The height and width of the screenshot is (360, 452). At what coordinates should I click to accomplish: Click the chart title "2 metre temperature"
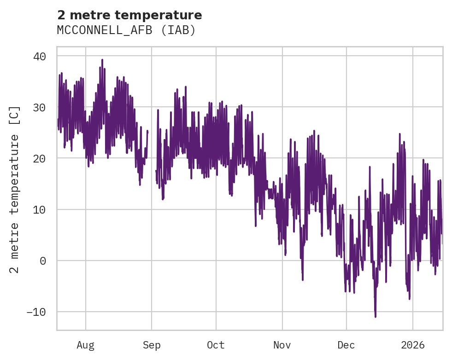pos(129,15)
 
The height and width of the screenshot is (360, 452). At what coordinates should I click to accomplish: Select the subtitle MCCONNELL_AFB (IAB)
pos(126,30)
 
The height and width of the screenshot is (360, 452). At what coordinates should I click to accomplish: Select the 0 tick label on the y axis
pos(42,261)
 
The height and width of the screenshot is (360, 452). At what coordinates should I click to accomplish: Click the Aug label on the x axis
pos(86,345)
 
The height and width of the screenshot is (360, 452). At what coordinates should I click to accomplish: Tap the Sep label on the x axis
pos(152,345)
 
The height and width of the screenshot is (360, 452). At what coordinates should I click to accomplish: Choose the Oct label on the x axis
pos(216,345)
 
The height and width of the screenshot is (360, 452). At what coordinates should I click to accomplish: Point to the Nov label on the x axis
pos(282,345)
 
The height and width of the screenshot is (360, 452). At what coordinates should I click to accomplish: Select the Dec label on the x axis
pos(346,345)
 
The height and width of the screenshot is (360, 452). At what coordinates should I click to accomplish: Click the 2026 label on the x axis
pos(412,345)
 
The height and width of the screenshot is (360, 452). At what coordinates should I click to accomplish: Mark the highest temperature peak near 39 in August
pos(102,60)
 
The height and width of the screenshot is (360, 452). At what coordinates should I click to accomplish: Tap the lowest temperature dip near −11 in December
pos(376,316)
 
